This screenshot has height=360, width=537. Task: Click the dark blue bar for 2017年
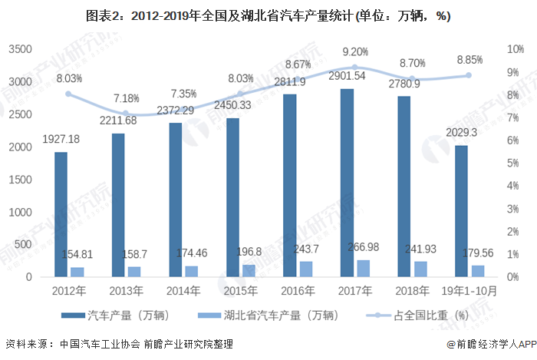coord(347,183)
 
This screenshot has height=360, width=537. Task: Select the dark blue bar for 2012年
coord(61,214)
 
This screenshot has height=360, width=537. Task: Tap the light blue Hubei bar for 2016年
coord(306,269)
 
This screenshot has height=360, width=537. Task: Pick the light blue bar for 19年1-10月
coord(478,271)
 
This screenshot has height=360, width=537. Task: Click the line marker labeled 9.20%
coord(354,67)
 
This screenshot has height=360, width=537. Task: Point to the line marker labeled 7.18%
coord(126,114)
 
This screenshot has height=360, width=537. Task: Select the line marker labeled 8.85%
coord(468,75)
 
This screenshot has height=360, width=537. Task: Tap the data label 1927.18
coord(61,140)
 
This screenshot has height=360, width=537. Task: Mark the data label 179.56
coord(478,253)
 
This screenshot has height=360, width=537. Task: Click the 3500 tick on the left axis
coord(20,49)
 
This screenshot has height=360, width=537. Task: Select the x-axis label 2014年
coord(183,292)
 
